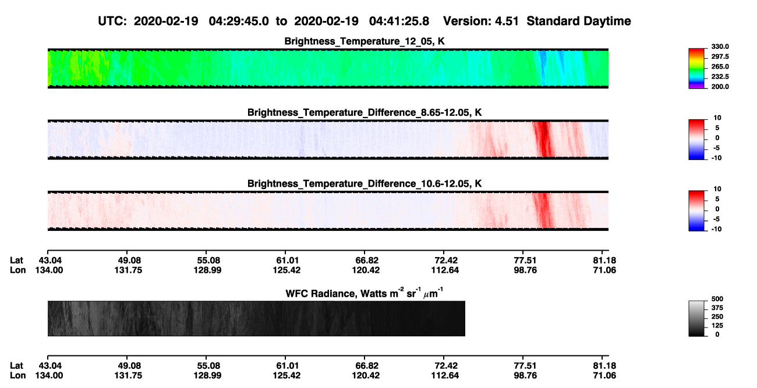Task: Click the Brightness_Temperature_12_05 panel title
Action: [x=365, y=41]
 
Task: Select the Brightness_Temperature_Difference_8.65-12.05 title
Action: [x=365, y=112]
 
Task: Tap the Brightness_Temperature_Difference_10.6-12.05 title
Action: [x=365, y=184]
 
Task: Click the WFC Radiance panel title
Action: [x=365, y=293]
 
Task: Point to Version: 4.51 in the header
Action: [x=480, y=22]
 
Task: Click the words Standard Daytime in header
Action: [x=579, y=22]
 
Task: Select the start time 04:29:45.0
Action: [x=239, y=22]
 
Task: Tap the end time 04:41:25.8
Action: [x=399, y=22]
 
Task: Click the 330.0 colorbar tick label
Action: [x=720, y=47]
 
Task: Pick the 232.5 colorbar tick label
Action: [x=720, y=77]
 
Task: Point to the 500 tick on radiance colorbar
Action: [x=717, y=299]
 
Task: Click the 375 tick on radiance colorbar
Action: [x=717, y=308]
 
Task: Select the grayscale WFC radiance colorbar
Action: [x=696, y=318]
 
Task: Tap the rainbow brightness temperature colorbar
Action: [x=696, y=69]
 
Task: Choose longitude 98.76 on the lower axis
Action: [x=525, y=376]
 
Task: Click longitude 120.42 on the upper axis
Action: [x=366, y=270]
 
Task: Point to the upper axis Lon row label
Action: [x=17, y=270]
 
